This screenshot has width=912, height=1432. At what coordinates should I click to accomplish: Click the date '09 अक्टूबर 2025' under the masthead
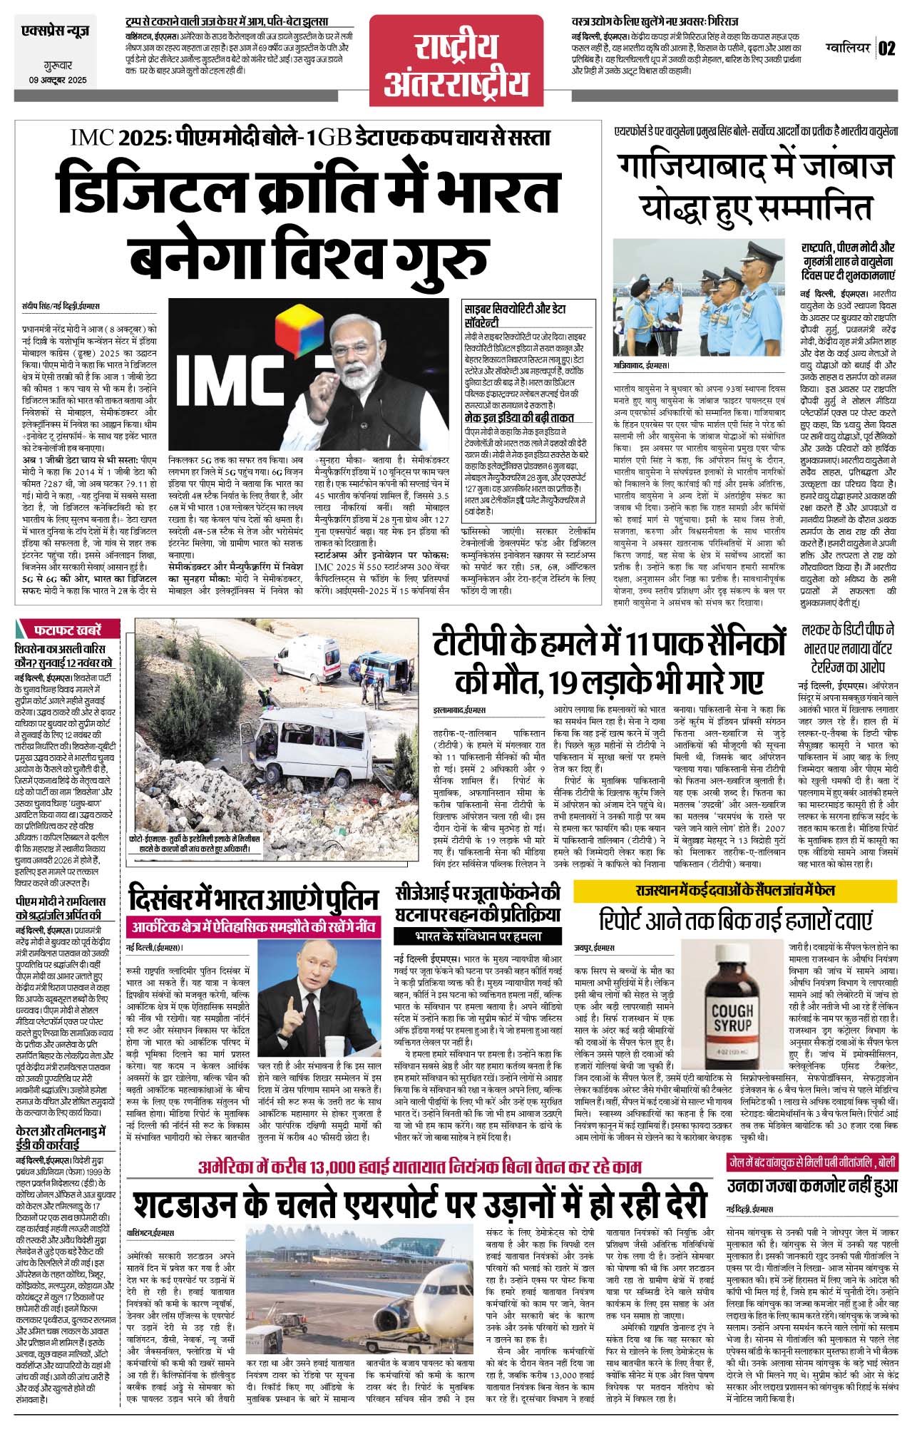53,81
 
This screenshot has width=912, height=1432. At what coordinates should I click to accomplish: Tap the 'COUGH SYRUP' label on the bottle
732,1018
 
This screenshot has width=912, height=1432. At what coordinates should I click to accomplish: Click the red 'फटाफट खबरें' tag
68,630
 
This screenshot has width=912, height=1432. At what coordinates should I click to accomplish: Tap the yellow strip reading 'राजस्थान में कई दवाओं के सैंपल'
735,891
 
